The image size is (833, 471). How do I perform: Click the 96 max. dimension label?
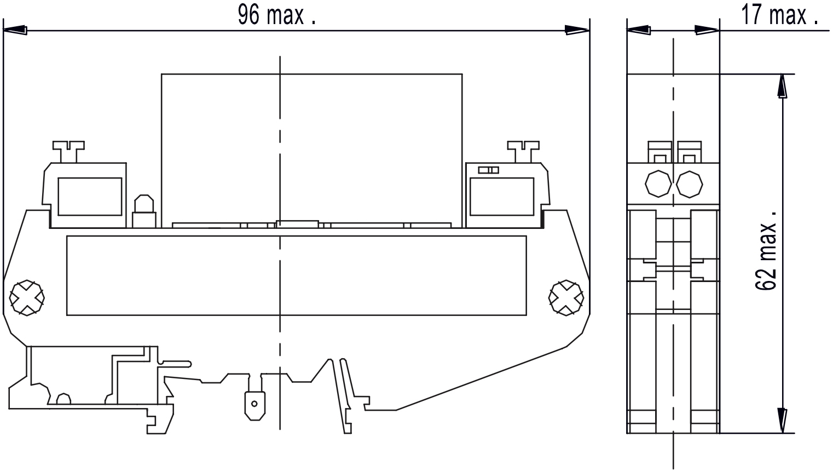276,15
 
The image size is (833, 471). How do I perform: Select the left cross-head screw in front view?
26,298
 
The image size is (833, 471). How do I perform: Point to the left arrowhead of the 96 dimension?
15,31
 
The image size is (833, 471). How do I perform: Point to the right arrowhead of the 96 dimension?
577,31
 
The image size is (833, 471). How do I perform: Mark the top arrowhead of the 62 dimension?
784,87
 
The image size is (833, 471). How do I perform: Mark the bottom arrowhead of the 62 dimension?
784,420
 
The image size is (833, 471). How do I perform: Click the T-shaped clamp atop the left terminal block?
68,151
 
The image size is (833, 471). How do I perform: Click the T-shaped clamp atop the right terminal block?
523,151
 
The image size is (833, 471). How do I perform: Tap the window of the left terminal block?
89,196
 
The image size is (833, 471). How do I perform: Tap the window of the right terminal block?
501,196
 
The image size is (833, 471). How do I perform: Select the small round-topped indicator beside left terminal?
143,210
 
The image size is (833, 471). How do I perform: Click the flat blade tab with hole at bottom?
253,405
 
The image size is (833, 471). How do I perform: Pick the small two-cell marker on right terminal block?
488,170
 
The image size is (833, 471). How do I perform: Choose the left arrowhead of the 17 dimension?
639,31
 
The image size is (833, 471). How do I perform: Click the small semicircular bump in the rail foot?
64,399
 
